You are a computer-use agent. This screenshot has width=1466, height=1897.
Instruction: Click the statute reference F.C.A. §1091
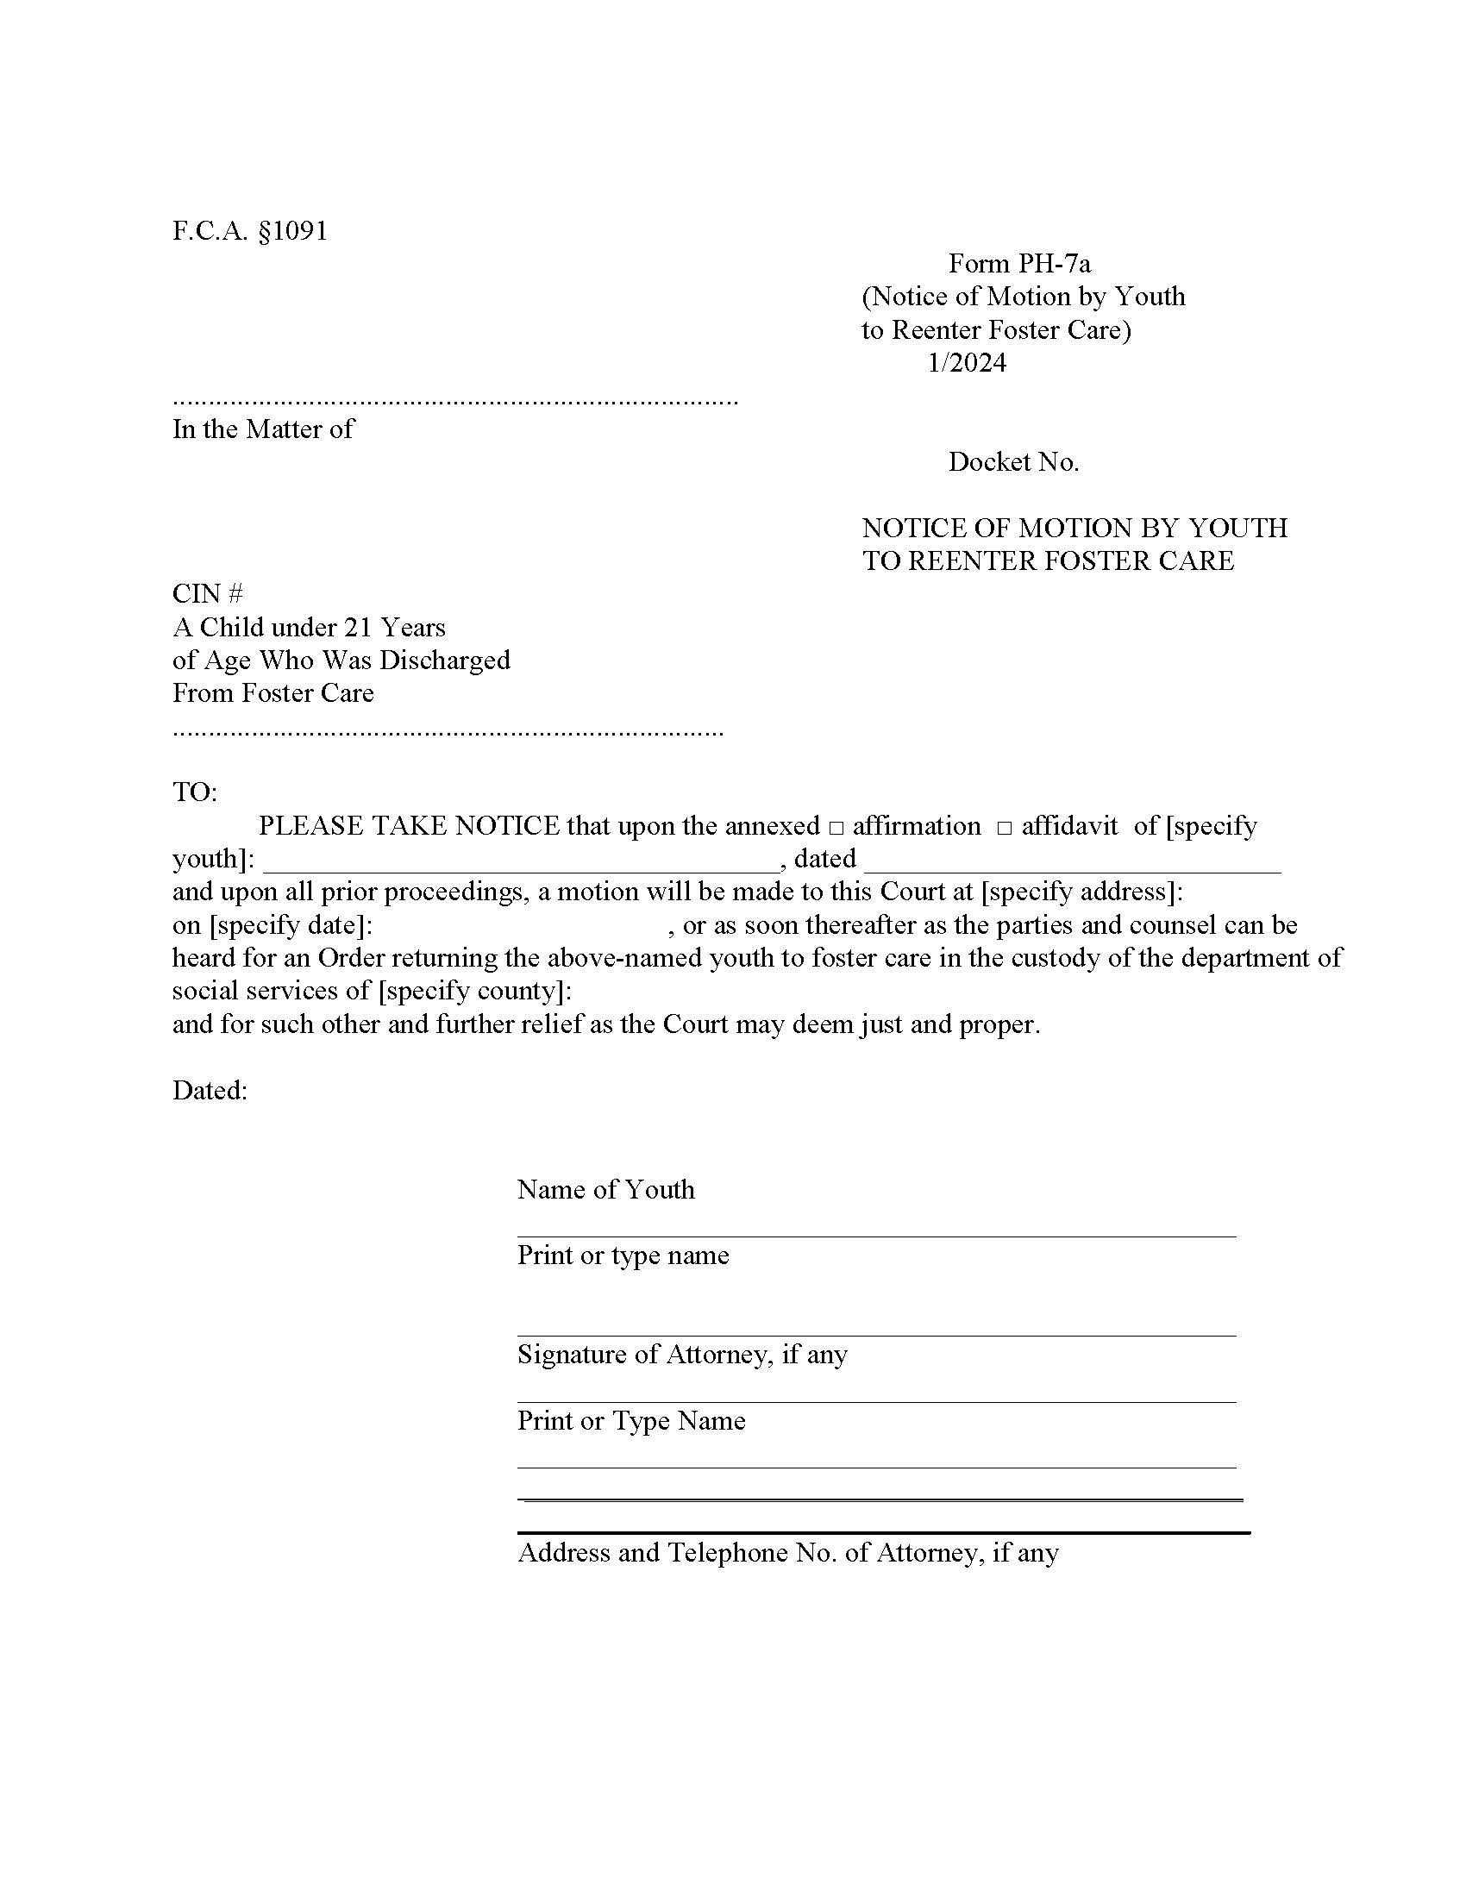pos(250,231)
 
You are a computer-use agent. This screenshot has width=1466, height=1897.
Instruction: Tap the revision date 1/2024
pos(967,362)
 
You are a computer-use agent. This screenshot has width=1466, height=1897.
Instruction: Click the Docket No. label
pos(1012,462)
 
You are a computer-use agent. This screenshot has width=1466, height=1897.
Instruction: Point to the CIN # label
pos(208,594)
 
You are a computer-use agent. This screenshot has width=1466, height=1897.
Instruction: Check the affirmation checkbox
pos(836,828)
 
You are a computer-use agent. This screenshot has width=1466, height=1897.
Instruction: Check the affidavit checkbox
pos(1004,828)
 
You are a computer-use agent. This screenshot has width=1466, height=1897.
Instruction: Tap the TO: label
pos(195,792)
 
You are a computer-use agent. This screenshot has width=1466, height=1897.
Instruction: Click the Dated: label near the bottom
pos(210,1091)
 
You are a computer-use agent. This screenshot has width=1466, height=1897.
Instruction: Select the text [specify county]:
pos(474,991)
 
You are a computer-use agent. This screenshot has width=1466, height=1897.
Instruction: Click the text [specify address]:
pos(1081,892)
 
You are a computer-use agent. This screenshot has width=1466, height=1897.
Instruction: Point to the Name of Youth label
pos(605,1190)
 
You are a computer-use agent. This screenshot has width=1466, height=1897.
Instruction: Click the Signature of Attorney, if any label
pos(682,1355)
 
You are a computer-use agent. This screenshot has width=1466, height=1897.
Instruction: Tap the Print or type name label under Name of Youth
pos(623,1256)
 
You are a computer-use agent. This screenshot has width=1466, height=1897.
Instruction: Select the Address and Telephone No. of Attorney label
pos(787,1553)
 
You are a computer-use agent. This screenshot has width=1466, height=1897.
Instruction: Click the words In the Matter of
pos(262,429)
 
